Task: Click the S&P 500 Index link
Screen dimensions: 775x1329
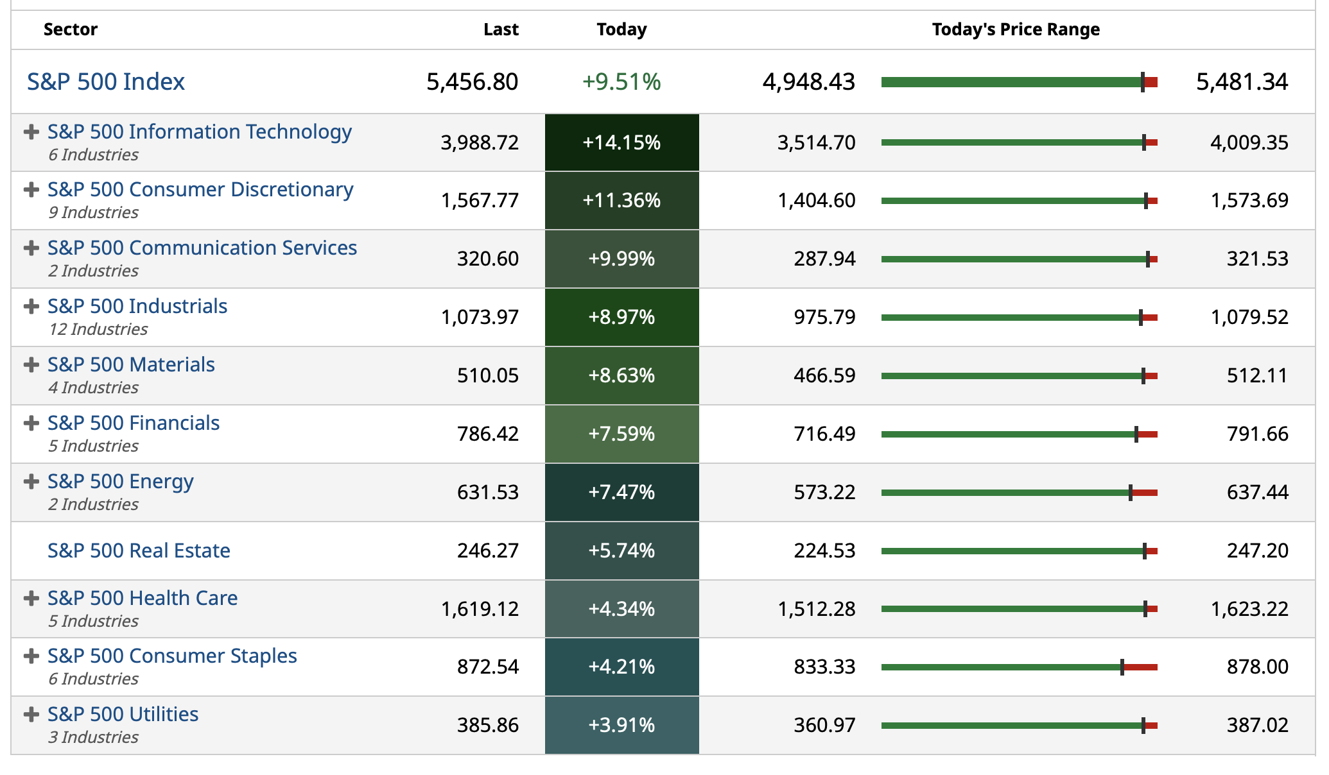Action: click(106, 82)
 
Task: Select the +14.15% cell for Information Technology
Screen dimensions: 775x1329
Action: click(621, 142)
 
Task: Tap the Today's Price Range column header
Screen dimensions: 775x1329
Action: click(1016, 30)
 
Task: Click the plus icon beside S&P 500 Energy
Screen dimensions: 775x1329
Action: click(31, 481)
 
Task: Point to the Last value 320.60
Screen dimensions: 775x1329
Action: click(487, 259)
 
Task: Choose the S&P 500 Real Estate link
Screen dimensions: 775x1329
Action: click(139, 550)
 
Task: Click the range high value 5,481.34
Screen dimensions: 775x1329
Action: click(1242, 82)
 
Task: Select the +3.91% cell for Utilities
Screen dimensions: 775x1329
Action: click(621, 725)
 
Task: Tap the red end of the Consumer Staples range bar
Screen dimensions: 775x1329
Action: click(1141, 667)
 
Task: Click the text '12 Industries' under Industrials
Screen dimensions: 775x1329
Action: click(98, 329)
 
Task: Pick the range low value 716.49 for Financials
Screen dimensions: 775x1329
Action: click(824, 434)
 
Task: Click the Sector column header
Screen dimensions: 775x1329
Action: click(71, 30)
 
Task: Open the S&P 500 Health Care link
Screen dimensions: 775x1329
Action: click(143, 598)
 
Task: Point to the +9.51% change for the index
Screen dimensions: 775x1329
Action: click(621, 82)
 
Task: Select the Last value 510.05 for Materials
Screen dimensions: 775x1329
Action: click(487, 375)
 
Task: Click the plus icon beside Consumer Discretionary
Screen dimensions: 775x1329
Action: click(31, 189)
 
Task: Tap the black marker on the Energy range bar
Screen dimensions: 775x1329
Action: click(1131, 493)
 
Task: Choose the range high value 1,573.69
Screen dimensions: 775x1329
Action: click(1249, 200)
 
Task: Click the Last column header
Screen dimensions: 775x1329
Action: click(501, 30)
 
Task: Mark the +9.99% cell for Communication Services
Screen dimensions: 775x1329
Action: click(621, 259)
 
